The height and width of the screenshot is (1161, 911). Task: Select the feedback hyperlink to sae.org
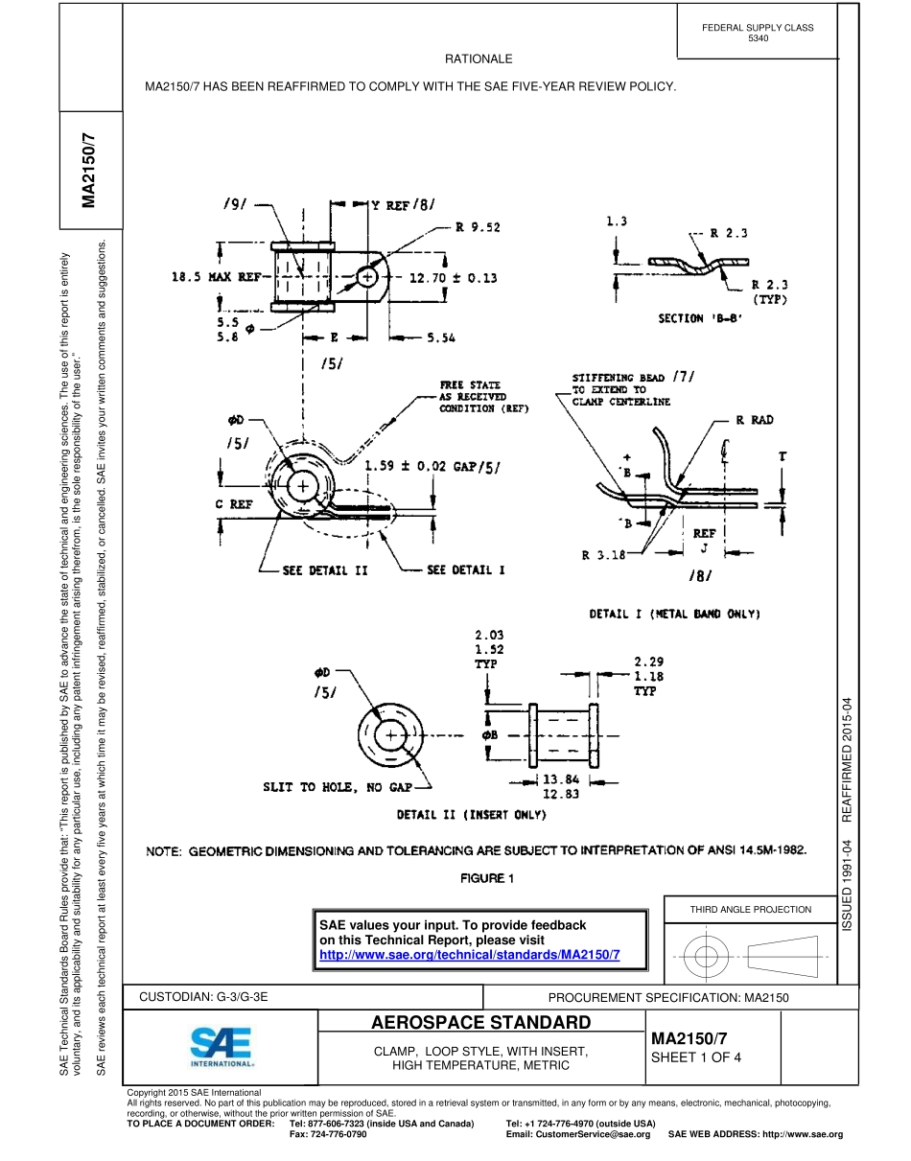click(469, 956)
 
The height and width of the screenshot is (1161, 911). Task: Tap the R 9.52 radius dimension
click(478, 227)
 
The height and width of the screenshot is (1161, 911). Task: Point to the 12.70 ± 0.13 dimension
click(454, 278)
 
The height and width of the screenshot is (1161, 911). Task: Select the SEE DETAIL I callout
click(465, 570)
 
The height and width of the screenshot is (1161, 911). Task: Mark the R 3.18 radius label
click(603, 554)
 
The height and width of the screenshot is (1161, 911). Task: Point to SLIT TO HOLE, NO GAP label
click(337, 787)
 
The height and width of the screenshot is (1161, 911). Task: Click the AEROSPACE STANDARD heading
click(481, 1022)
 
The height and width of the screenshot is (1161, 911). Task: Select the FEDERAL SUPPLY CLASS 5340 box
click(757, 33)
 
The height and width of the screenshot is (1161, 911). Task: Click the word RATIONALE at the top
click(479, 59)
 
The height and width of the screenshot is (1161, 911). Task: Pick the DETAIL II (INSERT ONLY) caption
click(472, 815)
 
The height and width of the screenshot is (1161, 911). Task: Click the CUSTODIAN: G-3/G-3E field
click(203, 997)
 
